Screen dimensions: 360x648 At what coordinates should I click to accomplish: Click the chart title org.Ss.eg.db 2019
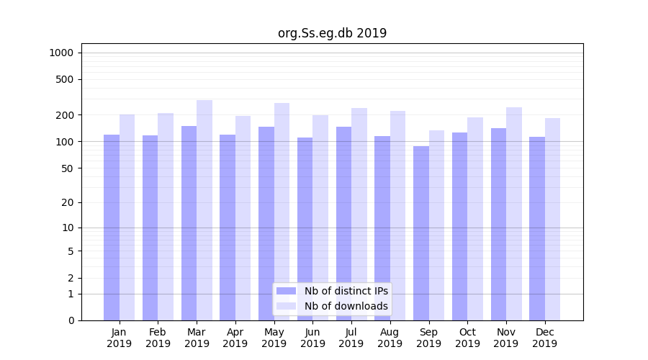[x=332, y=33]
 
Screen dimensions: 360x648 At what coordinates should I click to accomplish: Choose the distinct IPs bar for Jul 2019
[x=343, y=223]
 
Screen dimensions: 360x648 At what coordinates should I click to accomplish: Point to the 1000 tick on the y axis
[x=61, y=53]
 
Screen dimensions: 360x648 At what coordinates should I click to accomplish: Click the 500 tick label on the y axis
[x=65, y=79]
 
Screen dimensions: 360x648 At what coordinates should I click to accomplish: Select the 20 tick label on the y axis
[x=68, y=202]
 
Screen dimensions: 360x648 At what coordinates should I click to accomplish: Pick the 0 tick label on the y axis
[x=71, y=320]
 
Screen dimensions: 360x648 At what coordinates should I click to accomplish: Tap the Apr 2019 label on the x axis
[x=235, y=338]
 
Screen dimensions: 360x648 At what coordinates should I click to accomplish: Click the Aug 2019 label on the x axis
[x=390, y=338]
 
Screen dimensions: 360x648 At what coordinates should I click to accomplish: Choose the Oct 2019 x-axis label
[x=467, y=338]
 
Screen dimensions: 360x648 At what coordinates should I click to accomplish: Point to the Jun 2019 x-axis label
[x=312, y=338]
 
